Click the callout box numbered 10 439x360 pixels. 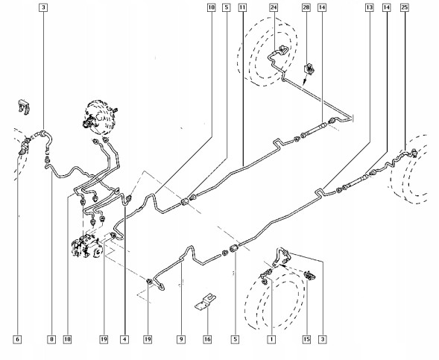coord(212,7)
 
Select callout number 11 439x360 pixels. coord(242,7)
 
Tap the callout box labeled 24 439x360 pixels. coord(274,7)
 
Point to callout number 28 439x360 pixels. coord(306,7)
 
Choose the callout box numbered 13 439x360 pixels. coord(369,7)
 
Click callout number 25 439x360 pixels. coord(405,7)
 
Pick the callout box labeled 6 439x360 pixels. coord(17,339)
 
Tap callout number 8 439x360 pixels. coord(51,339)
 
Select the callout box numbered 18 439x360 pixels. coord(67,339)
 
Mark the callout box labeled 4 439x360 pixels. coord(124,339)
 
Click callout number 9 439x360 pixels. coord(181,339)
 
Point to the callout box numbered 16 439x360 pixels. coord(207,339)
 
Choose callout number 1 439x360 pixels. coord(271,339)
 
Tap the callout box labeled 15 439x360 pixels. coord(306,339)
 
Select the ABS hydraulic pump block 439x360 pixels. coord(86,246)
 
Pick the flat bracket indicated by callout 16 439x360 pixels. coord(206,302)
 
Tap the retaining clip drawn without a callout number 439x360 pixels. coord(24,107)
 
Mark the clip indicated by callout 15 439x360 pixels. coord(309,275)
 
